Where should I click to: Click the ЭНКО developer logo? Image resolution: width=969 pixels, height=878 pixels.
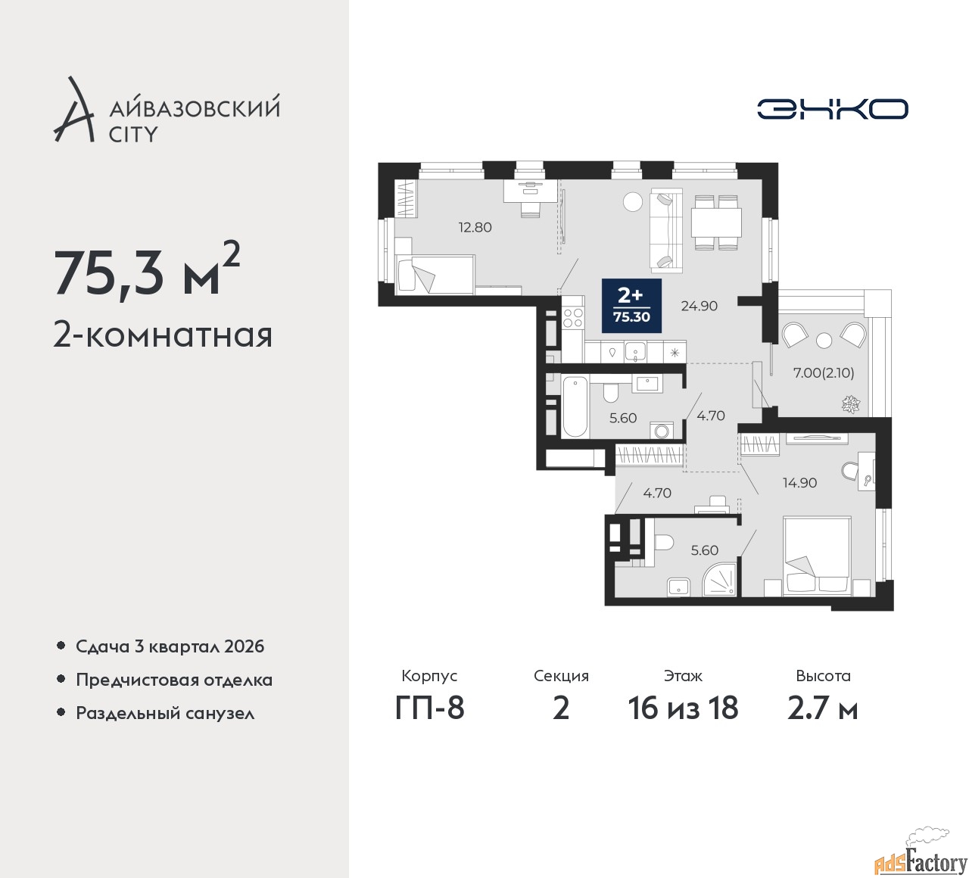point(832,109)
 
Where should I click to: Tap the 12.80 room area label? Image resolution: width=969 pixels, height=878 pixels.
point(475,227)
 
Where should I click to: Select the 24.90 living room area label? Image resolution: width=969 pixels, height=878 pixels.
point(699,306)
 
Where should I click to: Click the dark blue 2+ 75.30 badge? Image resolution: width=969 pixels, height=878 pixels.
point(631,306)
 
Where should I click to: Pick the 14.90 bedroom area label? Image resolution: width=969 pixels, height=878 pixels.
point(799,482)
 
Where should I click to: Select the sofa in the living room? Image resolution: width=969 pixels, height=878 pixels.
point(665,229)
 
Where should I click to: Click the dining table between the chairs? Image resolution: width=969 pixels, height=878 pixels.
point(716,223)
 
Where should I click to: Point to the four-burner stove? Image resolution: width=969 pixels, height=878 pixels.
point(573,318)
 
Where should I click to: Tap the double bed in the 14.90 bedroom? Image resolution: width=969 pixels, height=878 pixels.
point(816,557)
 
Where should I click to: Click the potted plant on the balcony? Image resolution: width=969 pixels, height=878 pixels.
point(850,404)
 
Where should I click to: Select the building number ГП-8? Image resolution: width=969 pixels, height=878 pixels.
point(429,708)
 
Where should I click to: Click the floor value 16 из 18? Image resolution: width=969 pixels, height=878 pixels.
point(683,708)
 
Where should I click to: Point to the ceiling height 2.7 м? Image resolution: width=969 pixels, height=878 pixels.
point(823,708)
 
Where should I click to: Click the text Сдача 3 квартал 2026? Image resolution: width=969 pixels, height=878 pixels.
point(170,646)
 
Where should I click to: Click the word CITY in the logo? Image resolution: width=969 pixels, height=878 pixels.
point(133,135)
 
